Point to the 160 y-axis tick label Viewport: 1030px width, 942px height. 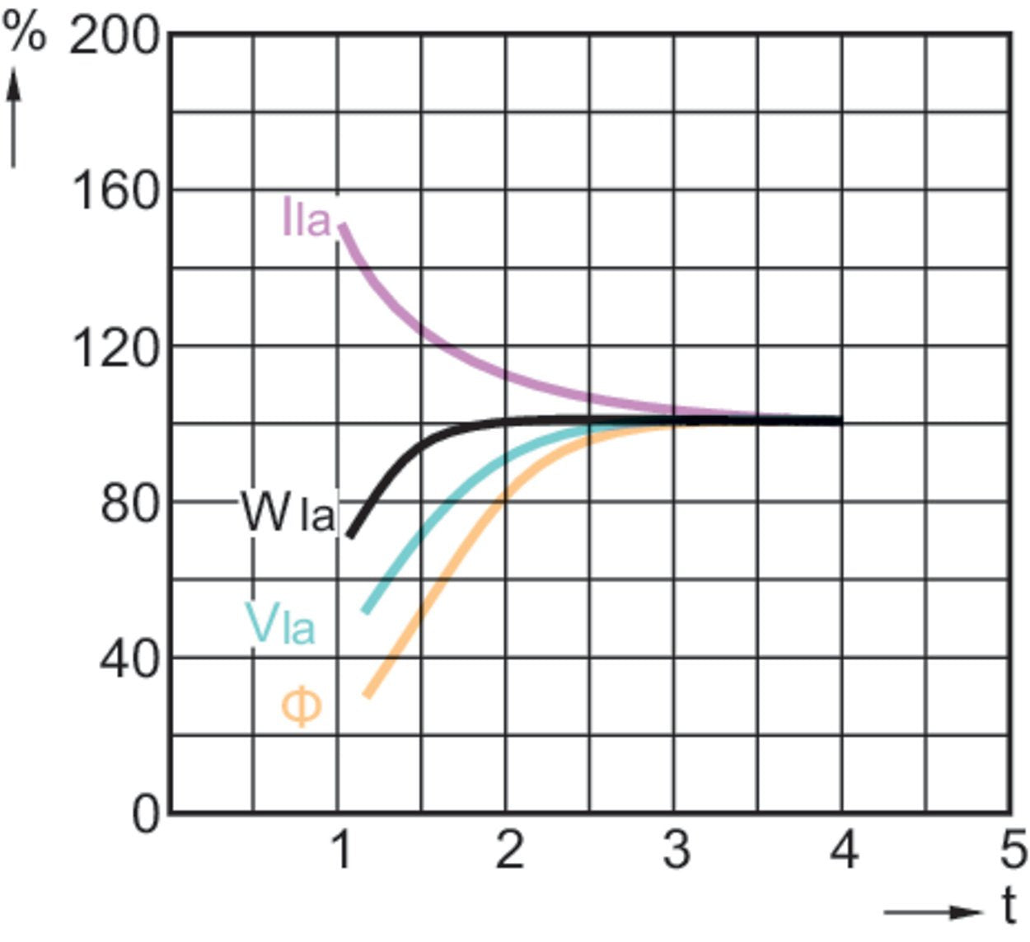coord(115,192)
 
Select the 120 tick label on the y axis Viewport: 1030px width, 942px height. coord(115,349)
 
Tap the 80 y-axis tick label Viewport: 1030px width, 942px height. coord(129,504)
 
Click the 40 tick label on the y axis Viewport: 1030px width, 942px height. coord(129,659)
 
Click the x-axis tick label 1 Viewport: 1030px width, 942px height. coord(340,850)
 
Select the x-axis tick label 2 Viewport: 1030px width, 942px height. coord(508,850)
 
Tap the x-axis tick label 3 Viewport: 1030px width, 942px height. coord(677,850)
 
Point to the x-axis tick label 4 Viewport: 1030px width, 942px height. coord(844,850)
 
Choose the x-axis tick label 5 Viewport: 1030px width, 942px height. coord(1013,850)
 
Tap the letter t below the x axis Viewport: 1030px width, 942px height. coord(1009,907)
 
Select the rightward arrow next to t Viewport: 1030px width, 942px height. coord(933,912)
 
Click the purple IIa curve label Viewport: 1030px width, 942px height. coord(306,218)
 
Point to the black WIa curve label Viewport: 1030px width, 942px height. coord(288,513)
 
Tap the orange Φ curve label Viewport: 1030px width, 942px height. coord(302,707)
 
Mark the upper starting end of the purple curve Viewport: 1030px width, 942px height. coord(342,225)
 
